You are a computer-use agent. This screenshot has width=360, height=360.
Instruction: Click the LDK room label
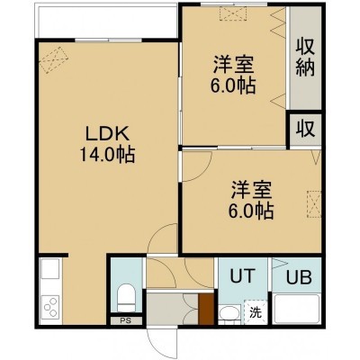click(107, 134)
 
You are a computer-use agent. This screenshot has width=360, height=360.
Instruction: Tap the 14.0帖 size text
click(107, 155)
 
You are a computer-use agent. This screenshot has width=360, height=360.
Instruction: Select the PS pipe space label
click(126, 320)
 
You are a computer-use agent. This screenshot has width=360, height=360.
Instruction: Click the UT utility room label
click(243, 275)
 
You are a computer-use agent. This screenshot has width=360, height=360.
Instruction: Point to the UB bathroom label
click(299, 277)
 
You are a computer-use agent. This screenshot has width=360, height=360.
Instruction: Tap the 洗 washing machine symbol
click(256, 313)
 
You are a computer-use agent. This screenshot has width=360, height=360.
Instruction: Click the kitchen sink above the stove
click(50, 269)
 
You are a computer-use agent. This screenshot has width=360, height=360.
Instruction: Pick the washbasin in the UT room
click(229, 314)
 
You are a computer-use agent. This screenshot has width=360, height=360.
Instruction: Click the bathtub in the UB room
click(297, 309)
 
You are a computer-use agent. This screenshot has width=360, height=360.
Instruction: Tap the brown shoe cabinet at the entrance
click(206, 309)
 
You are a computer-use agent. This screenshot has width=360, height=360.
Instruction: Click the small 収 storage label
click(305, 129)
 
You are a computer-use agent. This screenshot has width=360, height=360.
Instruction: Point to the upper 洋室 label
click(233, 65)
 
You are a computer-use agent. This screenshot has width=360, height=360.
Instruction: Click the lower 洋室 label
click(251, 190)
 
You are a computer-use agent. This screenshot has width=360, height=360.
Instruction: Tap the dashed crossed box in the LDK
click(54, 60)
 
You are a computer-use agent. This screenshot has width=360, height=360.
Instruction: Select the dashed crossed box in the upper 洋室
click(233, 13)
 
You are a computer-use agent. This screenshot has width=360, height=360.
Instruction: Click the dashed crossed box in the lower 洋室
click(314, 204)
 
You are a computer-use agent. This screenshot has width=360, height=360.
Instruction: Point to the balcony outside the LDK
click(107, 21)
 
